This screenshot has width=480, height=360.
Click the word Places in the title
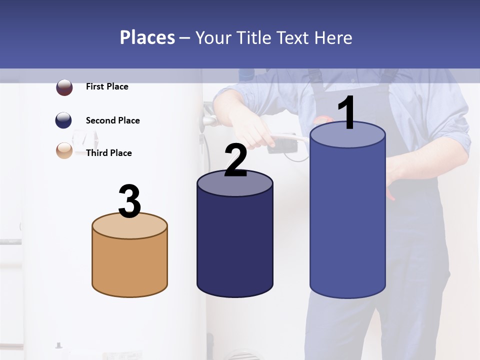pos(147,37)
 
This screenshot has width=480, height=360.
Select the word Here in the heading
pos(333,37)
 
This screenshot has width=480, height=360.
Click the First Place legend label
pos(107,86)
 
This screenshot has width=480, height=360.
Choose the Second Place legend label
pos(112,120)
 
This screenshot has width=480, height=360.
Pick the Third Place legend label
pos(108,153)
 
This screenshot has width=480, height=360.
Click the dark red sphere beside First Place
pos(64,87)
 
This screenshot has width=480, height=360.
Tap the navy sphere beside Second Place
pos(63,120)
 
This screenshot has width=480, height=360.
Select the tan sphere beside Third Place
pos(64,150)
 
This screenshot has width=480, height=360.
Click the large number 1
pos(347,113)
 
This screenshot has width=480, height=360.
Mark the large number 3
pos(130,201)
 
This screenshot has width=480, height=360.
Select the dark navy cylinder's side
pos(235,245)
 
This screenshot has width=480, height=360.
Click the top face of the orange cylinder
pos(129,228)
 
